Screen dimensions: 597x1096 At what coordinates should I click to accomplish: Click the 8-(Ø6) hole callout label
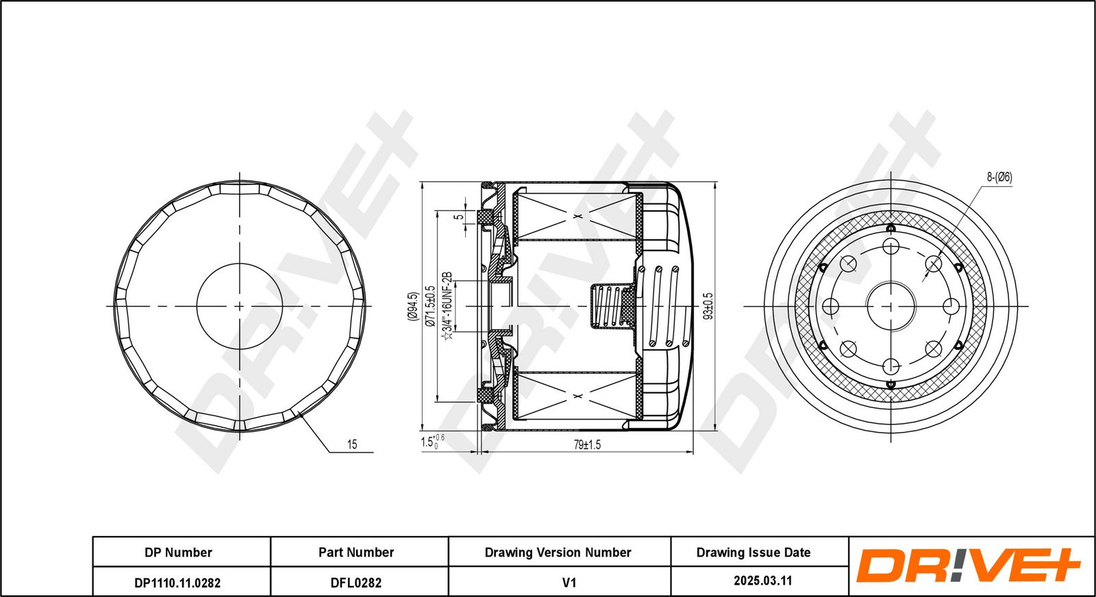pyautogui.click(x=999, y=177)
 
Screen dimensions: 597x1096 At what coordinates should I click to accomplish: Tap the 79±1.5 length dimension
pyautogui.click(x=587, y=445)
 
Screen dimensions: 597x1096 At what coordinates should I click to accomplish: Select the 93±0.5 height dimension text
pyautogui.click(x=708, y=306)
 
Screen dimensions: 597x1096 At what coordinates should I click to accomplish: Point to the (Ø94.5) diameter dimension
pyautogui.click(x=412, y=306)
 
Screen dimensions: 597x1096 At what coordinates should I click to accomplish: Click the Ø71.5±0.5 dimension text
pyautogui.click(x=430, y=306)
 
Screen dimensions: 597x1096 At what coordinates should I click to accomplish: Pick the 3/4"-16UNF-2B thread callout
pyautogui.click(x=448, y=306)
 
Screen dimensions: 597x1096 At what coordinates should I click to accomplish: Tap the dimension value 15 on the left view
pyautogui.click(x=351, y=445)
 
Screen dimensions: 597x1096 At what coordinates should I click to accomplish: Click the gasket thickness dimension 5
pyautogui.click(x=459, y=217)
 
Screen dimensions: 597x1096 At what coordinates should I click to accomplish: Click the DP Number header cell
pyautogui.click(x=178, y=552)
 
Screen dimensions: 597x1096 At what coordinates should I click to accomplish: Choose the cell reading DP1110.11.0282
pyautogui.click(x=177, y=583)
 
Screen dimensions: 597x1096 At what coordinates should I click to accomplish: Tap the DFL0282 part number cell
pyautogui.click(x=356, y=583)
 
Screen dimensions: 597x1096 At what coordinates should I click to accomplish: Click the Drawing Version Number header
pyautogui.click(x=558, y=552)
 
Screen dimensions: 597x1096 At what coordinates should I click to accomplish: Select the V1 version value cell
pyautogui.click(x=569, y=583)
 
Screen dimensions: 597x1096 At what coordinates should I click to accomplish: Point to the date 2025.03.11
pyautogui.click(x=762, y=581)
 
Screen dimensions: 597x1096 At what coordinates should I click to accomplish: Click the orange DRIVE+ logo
pyautogui.click(x=968, y=566)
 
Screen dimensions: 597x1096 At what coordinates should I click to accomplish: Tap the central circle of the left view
pyautogui.click(x=239, y=306)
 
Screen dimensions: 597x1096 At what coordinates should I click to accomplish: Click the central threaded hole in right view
pyautogui.click(x=891, y=306)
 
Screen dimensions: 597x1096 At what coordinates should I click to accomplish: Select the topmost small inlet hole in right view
pyautogui.click(x=891, y=246)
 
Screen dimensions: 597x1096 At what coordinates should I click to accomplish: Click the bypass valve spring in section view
pyautogui.click(x=609, y=306)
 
